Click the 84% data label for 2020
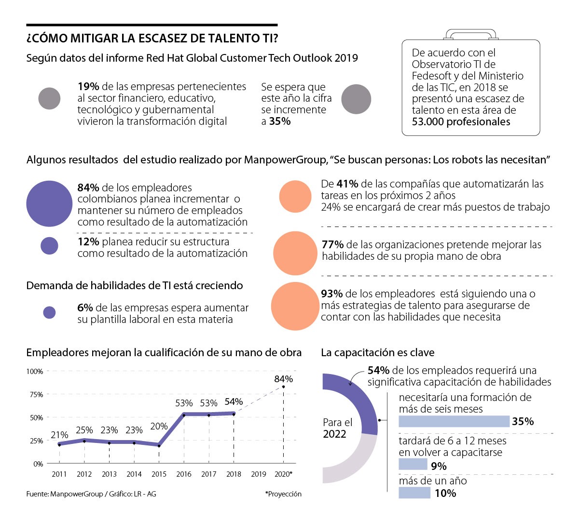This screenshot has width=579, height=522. click(x=283, y=379)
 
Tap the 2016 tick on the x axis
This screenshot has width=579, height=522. click(x=184, y=474)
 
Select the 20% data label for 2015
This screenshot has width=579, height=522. click(x=159, y=426)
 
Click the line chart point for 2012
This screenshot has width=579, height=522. click(x=84, y=441)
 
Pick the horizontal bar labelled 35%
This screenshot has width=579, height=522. click(x=454, y=421)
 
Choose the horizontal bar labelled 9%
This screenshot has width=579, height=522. click(x=413, y=464)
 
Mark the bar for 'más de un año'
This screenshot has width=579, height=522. click(x=414, y=493)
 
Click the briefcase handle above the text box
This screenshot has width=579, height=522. click(x=470, y=34)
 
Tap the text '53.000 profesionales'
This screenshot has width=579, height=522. click(x=461, y=122)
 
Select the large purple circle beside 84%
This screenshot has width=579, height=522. click(x=49, y=204)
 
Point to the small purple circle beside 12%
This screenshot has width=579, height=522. click(x=49, y=246)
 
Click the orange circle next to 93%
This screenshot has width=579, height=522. click(x=295, y=306)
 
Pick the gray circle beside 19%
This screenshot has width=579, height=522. click(x=49, y=99)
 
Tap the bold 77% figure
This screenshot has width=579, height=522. click(x=332, y=245)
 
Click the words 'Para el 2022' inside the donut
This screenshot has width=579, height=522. click(x=337, y=428)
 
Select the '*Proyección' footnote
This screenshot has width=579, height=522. click(x=283, y=494)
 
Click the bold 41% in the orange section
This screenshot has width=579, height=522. click(x=347, y=184)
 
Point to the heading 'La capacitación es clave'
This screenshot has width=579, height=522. click(x=377, y=353)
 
